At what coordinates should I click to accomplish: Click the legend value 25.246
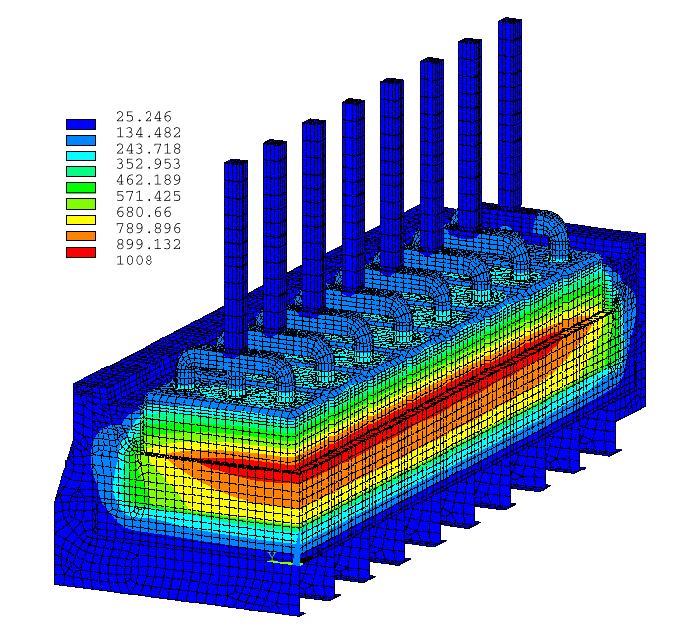point(144,117)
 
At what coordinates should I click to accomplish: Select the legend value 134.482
point(149,133)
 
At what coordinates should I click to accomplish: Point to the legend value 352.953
point(149,164)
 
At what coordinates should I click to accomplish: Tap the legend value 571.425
point(149,196)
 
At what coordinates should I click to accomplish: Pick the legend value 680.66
point(144,212)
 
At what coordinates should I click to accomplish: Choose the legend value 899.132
point(149,245)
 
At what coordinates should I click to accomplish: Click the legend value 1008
point(135,261)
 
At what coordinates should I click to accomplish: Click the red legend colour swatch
point(81,252)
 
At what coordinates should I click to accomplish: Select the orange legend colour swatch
point(81,236)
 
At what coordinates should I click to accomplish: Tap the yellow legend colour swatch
point(81,220)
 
